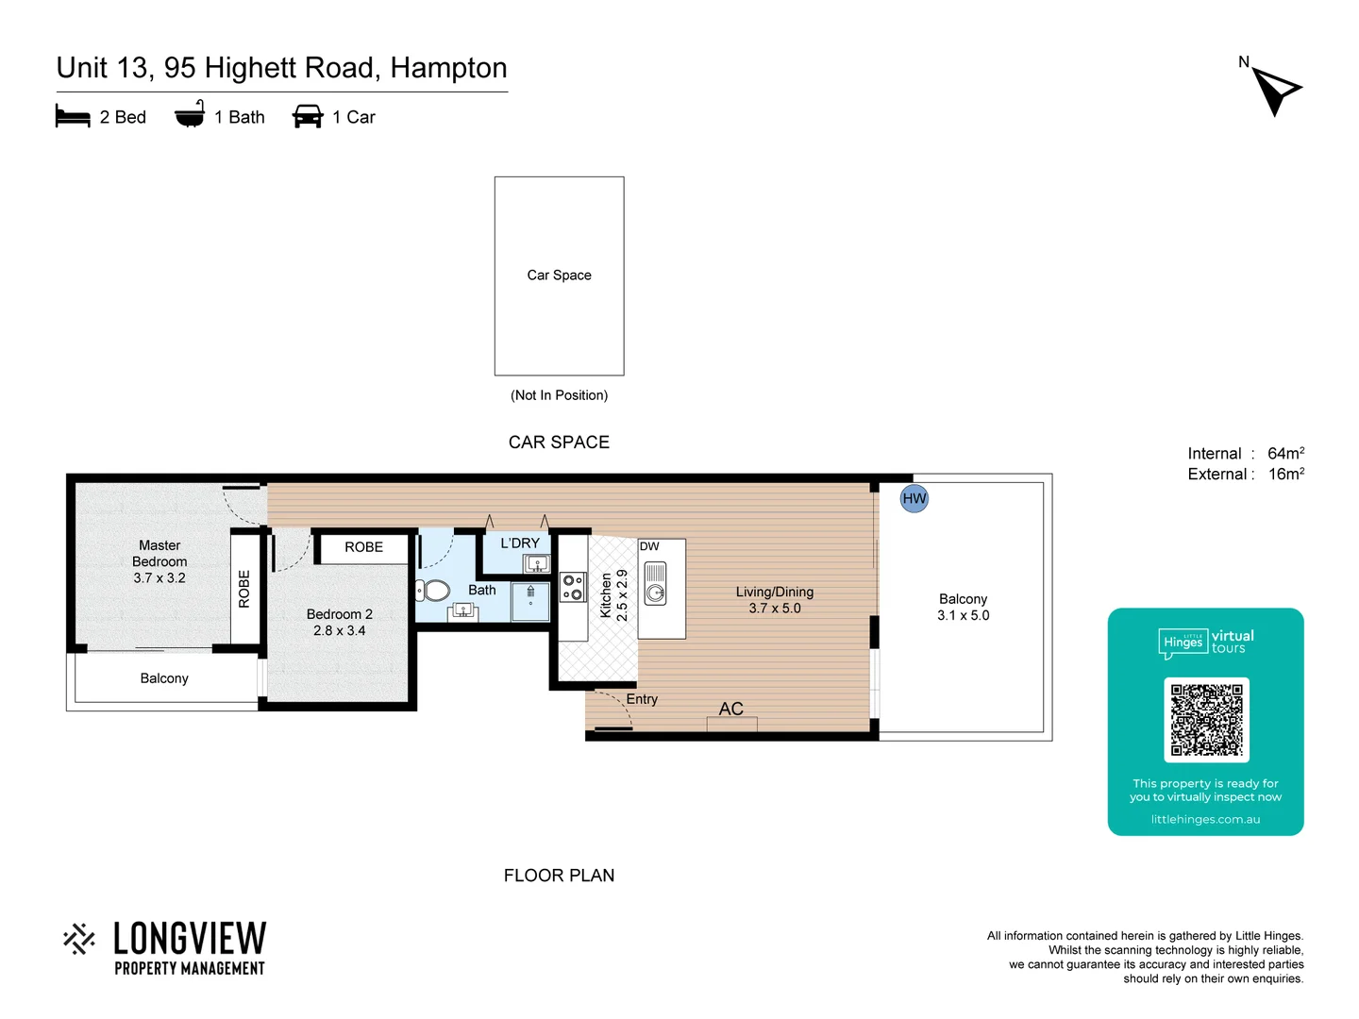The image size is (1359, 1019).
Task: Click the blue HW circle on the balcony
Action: [x=914, y=498]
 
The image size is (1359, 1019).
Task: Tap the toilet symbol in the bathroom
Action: [x=433, y=591]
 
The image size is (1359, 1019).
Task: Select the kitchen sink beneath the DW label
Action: [x=655, y=583]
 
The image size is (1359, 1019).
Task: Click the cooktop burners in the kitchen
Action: [x=572, y=587]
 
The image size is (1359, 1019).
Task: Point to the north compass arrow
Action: [x=1276, y=90]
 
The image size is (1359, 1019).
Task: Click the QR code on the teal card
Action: [x=1206, y=719]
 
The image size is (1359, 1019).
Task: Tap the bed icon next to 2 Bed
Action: [x=73, y=117]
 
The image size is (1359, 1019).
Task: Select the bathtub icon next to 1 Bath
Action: [x=190, y=114]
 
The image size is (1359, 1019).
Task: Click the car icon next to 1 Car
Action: [x=308, y=117]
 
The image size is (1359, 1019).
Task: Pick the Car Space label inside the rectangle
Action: [x=559, y=276]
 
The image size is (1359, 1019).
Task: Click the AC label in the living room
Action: [x=730, y=709]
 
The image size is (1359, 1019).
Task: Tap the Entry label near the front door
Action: [x=642, y=699]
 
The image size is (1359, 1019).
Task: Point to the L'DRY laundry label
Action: [x=520, y=543]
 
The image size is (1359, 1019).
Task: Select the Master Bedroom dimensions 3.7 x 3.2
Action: [x=159, y=578]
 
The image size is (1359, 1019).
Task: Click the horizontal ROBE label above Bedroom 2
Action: [x=363, y=547]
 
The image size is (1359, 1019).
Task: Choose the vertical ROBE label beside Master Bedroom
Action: [x=244, y=589]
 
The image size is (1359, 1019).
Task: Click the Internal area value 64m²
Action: [x=1285, y=454]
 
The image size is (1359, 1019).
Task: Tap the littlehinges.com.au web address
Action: [x=1205, y=819]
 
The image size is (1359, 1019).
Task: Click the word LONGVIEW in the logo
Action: [x=190, y=939]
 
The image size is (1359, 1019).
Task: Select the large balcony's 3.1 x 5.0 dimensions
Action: [x=963, y=615]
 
